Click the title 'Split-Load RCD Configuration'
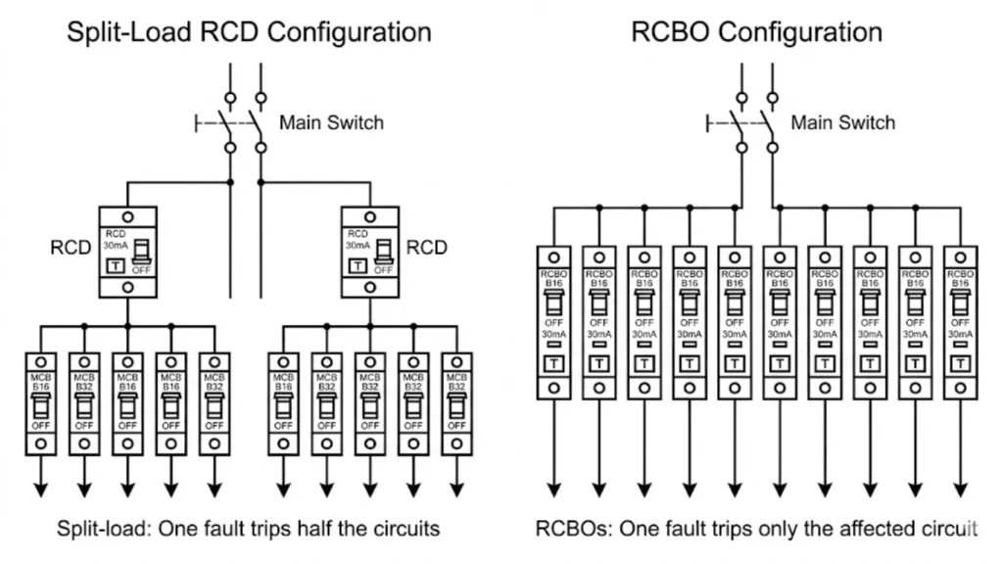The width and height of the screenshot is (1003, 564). (248, 31)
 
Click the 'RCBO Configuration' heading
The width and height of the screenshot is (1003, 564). (755, 31)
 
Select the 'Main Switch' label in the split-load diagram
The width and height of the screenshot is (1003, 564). (331, 123)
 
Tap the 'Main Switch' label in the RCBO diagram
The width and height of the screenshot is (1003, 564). (842, 123)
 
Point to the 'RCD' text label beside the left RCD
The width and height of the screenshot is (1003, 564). (70, 249)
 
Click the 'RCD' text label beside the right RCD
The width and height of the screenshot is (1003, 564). (426, 248)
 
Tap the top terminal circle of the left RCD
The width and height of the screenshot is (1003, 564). (127, 216)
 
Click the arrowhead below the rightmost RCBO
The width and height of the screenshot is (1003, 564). (959, 489)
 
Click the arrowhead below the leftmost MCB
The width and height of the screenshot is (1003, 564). (39, 489)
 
